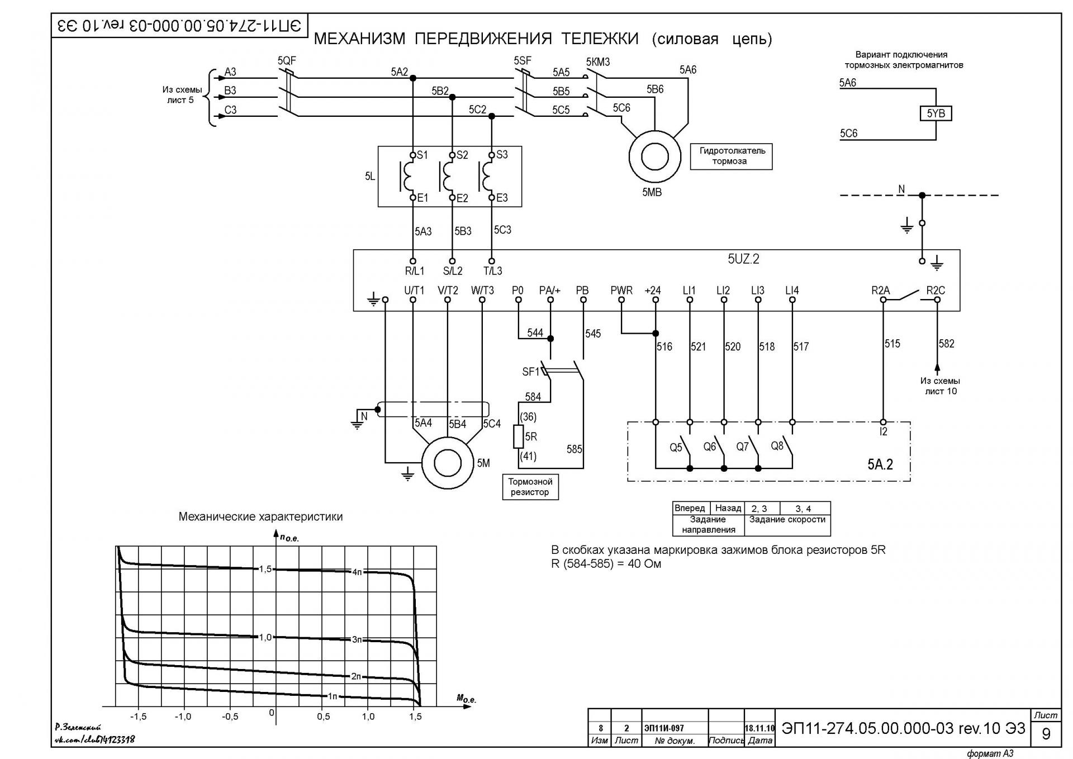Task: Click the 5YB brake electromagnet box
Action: (x=936, y=113)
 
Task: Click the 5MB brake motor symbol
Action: (x=654, y=156)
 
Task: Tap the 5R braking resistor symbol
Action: (x=519, y=437)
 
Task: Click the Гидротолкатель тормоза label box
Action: (x=731, y=156)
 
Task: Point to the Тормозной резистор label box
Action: (x=530, y=487)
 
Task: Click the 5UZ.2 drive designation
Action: (x=743, y=259)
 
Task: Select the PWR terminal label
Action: (x=621, y=290)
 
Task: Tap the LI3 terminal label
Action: (x=757, y=290)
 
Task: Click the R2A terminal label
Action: (x=880, y=290)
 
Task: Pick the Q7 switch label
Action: (x=742, y=447)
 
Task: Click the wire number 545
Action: (x=593, y=334)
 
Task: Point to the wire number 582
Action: (x=947, y=343)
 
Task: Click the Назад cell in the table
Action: (x=728, y=508)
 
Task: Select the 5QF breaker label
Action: (x=287, y=60)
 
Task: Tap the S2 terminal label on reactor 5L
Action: (x=462, y=155)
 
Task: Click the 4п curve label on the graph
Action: (x=358, y=572)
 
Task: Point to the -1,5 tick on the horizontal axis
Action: (x=138, y=717)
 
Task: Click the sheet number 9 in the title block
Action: (x=1046, y=733)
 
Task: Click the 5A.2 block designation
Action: (x=880, y=464)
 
